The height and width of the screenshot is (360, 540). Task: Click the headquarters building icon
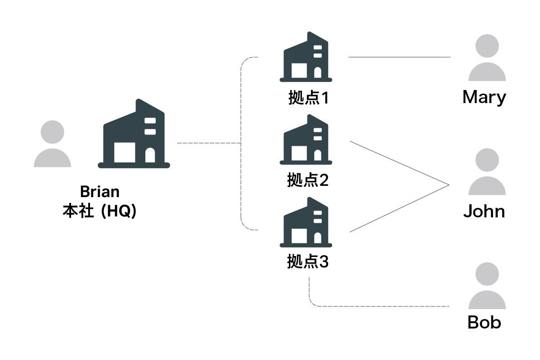tap(134, 135)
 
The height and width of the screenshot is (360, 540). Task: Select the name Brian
tap(100, 192)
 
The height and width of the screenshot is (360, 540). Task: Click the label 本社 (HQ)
tap(99, 211)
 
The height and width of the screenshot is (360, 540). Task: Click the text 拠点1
tap(308, 98)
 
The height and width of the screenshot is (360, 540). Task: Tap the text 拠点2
tap(308, 180)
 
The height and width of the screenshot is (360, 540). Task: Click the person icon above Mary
tap(487, 58)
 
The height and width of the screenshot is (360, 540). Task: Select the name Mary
tap(484, 98)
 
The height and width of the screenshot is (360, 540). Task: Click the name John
tap(484, 211)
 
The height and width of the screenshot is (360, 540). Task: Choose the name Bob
tap(484, 322)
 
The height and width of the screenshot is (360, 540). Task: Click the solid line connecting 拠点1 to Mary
tap(399, 57)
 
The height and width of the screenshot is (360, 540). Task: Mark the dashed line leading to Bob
tap(382, 306)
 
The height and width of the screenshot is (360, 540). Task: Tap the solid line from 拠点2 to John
tap(399, 163)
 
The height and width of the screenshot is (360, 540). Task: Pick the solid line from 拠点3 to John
tap(399, 209)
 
